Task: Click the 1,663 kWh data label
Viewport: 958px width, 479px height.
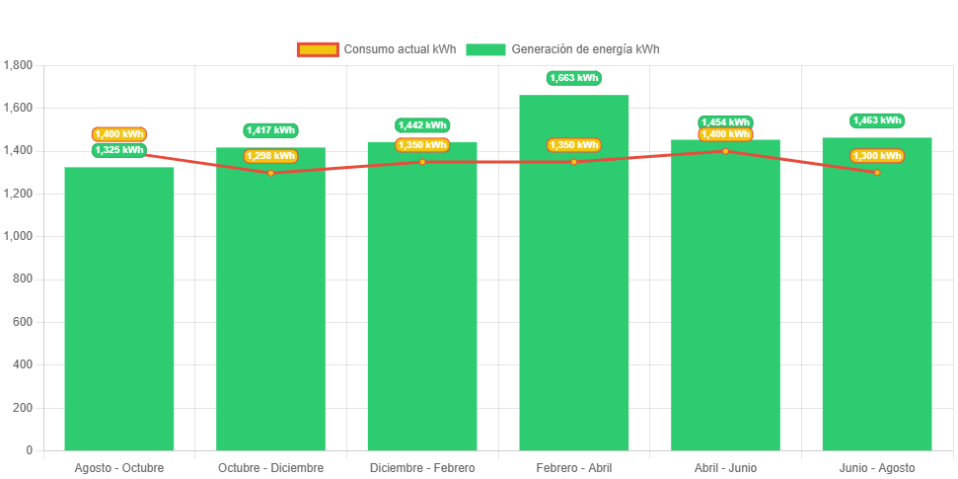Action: (574, 78)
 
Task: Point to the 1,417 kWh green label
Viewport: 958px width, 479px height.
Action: (270, 130)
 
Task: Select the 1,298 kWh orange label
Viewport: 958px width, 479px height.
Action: (270, 156)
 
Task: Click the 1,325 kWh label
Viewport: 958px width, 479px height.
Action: (119, 150)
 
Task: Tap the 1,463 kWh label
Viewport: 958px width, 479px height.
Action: (877, 120)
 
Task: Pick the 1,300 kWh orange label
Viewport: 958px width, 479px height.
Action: (877, 156)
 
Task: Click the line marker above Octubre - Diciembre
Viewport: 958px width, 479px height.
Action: (270, 173)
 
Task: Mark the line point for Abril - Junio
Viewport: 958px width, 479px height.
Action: (725, 151)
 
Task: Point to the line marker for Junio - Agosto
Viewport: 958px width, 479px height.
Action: (877, 173)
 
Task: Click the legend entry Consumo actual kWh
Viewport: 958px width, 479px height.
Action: (377, 49)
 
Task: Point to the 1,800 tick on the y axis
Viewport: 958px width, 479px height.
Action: (19, 65)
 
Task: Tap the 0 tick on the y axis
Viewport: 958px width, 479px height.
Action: (30, 450)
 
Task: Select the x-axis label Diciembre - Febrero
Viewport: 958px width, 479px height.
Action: (422, 467)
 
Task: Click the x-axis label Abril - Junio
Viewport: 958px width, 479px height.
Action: (725, 467)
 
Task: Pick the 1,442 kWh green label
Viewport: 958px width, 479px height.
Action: (422, 125)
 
